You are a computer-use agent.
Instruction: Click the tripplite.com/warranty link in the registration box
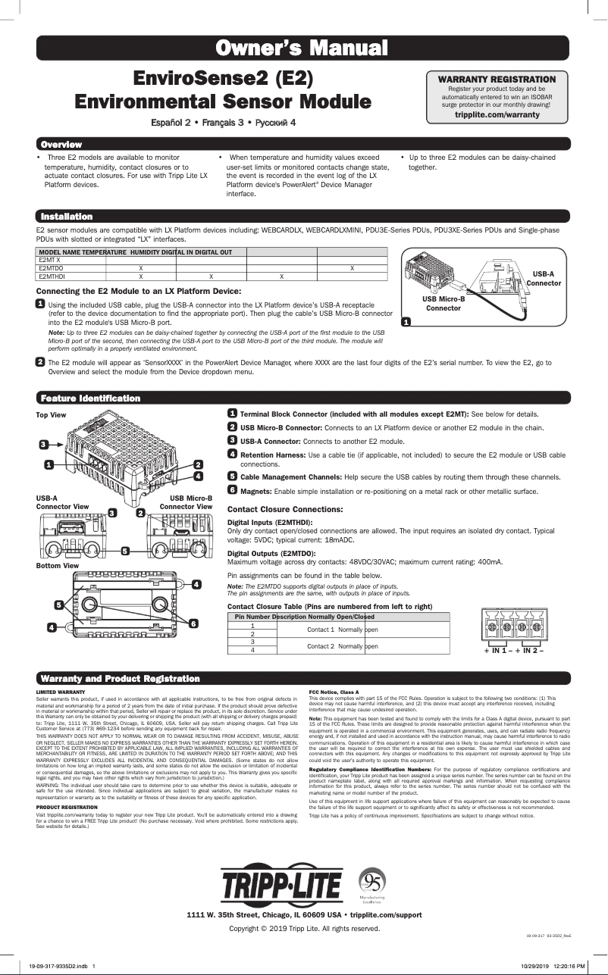tap(497, 114)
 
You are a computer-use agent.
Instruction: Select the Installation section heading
tap(67, 217)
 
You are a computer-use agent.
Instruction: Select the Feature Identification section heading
tap(91, 398)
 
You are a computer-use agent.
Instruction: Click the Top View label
tap(52, 415)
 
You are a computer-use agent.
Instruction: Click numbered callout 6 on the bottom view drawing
tap(194, 623)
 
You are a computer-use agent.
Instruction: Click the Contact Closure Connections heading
tap(285, 509)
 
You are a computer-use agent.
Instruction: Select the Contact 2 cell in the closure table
tap(320, 646)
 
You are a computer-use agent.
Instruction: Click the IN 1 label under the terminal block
tap(498, 652)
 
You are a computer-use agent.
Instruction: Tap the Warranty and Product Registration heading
tap(121, 678)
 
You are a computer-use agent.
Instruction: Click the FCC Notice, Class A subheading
tap(334, 692)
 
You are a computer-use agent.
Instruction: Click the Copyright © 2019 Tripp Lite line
tap(304, 928)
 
